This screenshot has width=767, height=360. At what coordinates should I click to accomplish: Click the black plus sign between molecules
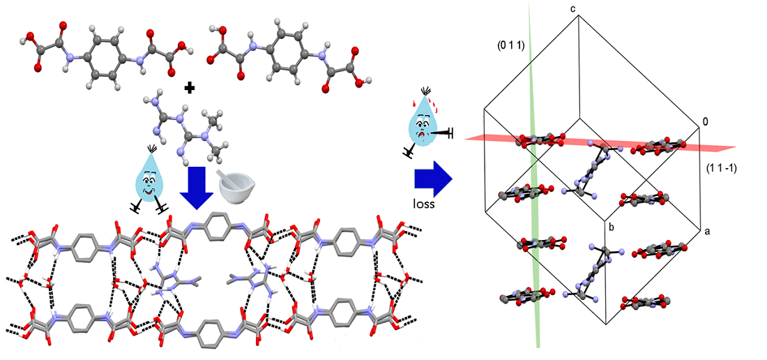190,89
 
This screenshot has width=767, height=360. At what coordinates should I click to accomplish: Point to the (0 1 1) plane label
510,46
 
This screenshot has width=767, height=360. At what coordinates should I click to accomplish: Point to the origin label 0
705,122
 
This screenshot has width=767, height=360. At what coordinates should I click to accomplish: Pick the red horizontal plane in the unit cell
711,147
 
